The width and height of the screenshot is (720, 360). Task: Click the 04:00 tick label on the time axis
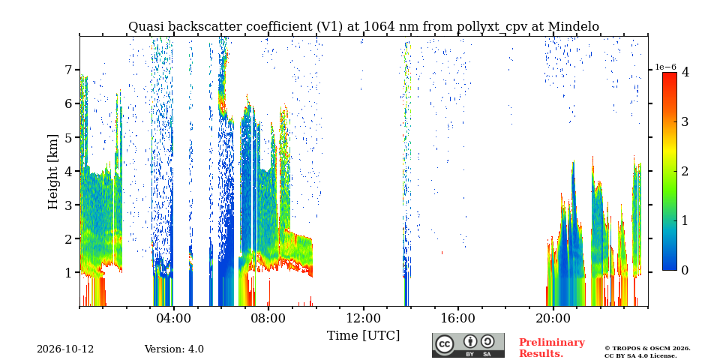(x=174, y=318)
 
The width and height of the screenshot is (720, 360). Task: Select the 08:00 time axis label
(x=268, y=318)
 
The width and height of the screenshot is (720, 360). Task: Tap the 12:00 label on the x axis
(x=363, y=318)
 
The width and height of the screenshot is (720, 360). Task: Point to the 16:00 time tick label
(x=458, y=318)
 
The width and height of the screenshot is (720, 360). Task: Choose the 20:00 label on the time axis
(x=553, y=318)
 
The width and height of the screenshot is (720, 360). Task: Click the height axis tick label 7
(x=68, y=70)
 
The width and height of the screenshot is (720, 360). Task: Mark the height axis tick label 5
(x=68, y=137)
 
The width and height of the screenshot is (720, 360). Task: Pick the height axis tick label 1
(x=68, y=272)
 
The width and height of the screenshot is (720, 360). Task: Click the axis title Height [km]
(x=54, y=172)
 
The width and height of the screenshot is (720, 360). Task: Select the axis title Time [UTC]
(x=363, y=336)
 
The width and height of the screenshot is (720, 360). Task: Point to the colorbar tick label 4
(x=685, y=72)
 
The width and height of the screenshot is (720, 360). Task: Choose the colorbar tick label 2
(x=685, y=171)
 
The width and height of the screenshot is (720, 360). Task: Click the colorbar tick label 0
(x=685, y=271)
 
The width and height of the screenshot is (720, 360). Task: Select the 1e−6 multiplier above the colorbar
(x=665, y=67)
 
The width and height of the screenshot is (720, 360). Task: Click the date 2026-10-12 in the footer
(x=65, y=349)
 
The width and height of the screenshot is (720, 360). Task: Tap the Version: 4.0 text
(x=174, y=349)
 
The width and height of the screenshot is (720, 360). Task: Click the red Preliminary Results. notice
(x=552, y=348)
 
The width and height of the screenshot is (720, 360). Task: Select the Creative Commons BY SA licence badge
(x=468, y=345)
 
